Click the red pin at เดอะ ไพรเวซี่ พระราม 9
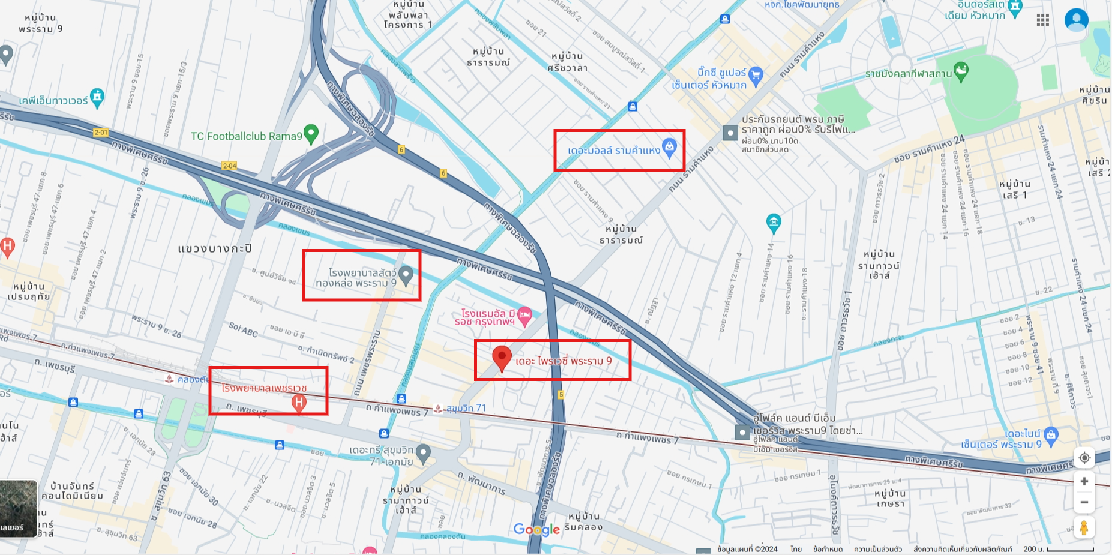coord(502,357)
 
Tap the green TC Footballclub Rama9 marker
coord(311,134)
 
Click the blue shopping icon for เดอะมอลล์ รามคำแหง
coord(669,146)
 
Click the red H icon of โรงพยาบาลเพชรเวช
coord(299,403)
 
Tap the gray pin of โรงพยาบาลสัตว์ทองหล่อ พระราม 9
coord(406,275)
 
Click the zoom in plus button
coord(1084,481)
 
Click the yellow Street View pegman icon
coord(1084,527)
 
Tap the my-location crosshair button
coord(1084,458)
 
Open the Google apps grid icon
coord(1043,20)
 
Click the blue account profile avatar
coord(1076,20)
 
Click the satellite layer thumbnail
coord(19,508)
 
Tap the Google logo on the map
coord(536,529)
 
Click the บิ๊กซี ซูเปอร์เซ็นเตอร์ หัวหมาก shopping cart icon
coord(756,75)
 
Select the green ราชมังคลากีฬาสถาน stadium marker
coord(961,71)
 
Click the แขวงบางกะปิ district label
coord(215,248)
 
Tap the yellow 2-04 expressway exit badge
coord(229,166)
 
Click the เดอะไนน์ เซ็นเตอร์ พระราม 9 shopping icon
coord(1050,436)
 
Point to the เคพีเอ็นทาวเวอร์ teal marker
coord(97,97)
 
